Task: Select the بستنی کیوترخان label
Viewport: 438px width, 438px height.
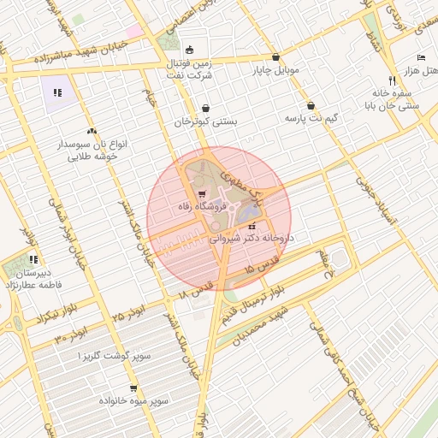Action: (x=206, y=122)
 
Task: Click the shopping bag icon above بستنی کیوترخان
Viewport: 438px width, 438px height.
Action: (x=206, y=109)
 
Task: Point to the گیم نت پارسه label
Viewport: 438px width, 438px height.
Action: (x=312, y=116)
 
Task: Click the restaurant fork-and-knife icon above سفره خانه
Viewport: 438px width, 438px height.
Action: (x=392, y=79)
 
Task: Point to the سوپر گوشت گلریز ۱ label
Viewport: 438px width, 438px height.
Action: (x=106, y=355)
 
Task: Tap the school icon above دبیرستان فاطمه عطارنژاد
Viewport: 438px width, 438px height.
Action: (x=33, y=259)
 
